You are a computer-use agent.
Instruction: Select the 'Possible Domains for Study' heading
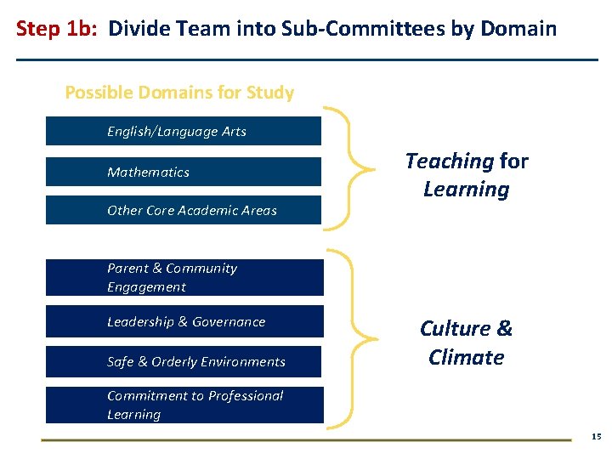pos(179,93)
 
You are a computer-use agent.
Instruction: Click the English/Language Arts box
pos(183,132)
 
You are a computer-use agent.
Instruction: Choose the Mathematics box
pos(183,172)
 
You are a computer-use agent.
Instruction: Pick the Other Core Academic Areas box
pos(183,211)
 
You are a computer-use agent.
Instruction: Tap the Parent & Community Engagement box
pos(184,278)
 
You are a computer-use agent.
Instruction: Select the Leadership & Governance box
pos(184,321)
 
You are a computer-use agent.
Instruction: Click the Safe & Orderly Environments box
pos(184,361)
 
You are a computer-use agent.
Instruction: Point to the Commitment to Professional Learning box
pos(184,405)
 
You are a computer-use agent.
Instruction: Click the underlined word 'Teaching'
pos(450,161)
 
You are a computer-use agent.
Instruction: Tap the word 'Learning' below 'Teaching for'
pos(467,190)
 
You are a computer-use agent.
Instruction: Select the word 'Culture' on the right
pos(455,329)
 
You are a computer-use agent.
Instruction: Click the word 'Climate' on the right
pos(467,358)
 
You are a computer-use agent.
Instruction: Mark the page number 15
pos(596,437)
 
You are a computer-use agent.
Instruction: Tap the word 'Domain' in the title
pos(518,30)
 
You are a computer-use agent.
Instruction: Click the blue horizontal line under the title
pos(306,59)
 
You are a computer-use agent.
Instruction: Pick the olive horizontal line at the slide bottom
pos(306,439)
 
